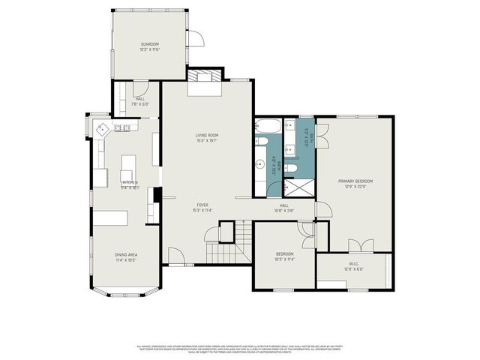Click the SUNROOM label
pos(150,45)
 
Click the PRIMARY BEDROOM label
pos(355,181)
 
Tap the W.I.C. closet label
pos(353,263)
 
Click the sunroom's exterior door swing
pos(194,40)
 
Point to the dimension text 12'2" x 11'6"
pos(150,50)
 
